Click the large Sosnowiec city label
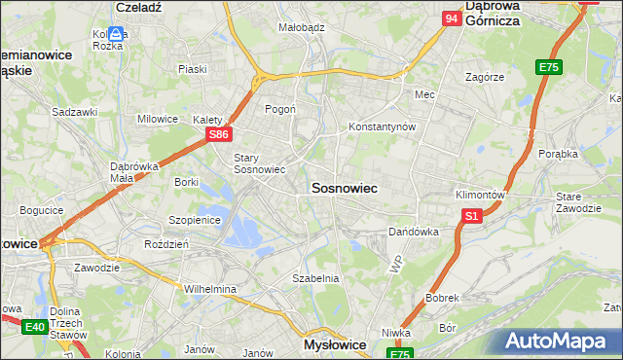coord(344,187)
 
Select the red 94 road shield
coord(451,18)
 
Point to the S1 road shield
coord(471,215)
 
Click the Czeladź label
coord(138,6)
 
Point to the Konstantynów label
coord(383,127)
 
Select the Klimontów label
coord(480,195)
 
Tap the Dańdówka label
coord(414,233)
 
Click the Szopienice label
coord(196,220)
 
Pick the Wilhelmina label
coord(210,289)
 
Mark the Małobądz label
coord(301,28)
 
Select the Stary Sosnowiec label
coord(259,163)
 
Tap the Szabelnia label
coord(315,278)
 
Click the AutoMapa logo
coord(560,341)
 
